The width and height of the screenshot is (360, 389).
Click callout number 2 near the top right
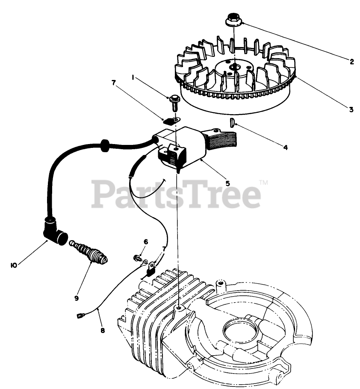tap(351, 62)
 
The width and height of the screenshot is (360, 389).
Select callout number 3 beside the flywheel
tap(351, 109)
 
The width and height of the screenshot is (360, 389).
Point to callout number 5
tap(227, 183)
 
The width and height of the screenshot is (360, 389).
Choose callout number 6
tap(145, 242)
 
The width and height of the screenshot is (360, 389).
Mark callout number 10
tap(14, 265)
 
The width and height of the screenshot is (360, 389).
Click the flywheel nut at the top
tap(233, 20)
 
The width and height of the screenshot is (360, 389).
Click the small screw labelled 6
tap(137, 258)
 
